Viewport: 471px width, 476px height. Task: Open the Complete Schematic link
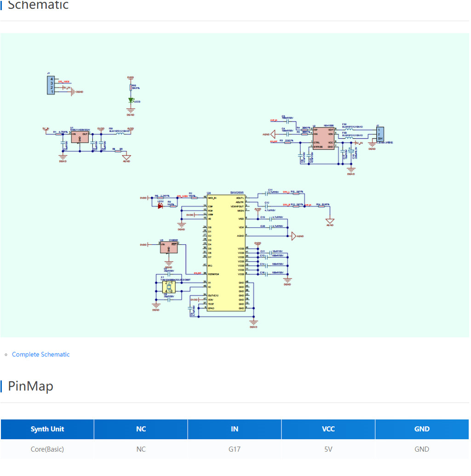40,354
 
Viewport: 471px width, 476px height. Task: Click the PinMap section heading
30,386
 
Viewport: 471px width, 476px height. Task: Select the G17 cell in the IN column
235,449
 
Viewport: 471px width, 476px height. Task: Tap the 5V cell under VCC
328,449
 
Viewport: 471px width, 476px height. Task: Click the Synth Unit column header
47,429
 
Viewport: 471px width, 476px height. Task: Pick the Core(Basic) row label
47,449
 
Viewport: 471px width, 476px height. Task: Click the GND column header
422,429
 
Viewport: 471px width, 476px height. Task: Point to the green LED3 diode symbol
131,100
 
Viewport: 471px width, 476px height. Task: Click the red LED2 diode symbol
160,206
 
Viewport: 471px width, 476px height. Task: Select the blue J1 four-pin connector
51,86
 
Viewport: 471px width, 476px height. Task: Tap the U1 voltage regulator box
80,137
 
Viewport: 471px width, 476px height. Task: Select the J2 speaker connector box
380,135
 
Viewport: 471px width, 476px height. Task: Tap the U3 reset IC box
169,247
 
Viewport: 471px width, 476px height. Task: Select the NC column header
141,429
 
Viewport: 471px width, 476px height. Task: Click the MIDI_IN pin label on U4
213,198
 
